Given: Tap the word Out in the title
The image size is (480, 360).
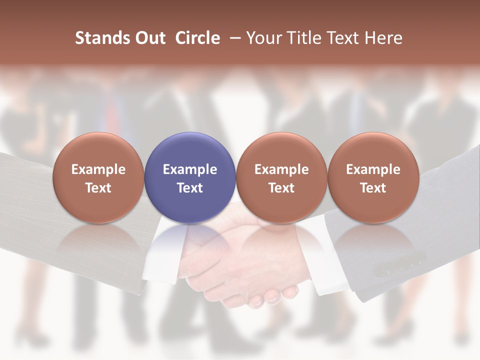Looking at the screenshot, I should (149, 38).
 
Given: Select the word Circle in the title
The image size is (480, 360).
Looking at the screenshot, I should (197, 38).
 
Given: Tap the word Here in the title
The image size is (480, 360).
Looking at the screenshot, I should (384, 38).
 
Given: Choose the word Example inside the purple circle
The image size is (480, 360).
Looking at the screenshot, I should (190, 169).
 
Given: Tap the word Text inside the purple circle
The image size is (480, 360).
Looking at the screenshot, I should (190, 188).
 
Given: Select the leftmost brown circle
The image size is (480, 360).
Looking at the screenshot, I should (98, 178).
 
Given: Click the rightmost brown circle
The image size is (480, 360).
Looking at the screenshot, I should (373, 178).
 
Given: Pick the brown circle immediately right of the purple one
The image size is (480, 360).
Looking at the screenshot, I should (281, 178).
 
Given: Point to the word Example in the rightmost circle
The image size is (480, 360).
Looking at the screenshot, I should (373, 169).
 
